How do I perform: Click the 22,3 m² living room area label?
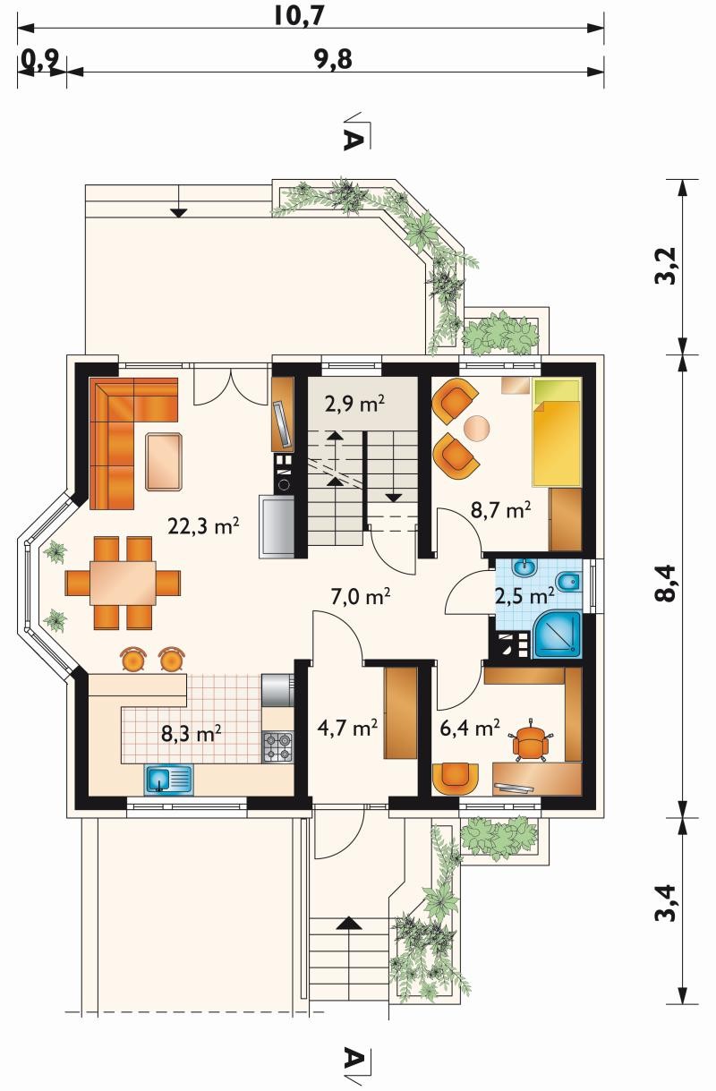pos(203,525)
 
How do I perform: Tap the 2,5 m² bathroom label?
pos(524,596)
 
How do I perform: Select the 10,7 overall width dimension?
pos(299,15)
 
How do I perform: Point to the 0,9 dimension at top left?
pos(41,61)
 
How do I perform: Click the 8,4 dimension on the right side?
pos(666,584)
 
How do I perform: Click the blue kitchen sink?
pos(168,778)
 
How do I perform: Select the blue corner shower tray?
pos(558,635)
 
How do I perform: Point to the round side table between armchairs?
pos(477,428)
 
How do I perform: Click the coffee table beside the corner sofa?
pos(164,461)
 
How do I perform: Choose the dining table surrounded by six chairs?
pos(123,583)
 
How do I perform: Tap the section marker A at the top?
pos(354,141)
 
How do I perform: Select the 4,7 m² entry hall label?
pos(347,728)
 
